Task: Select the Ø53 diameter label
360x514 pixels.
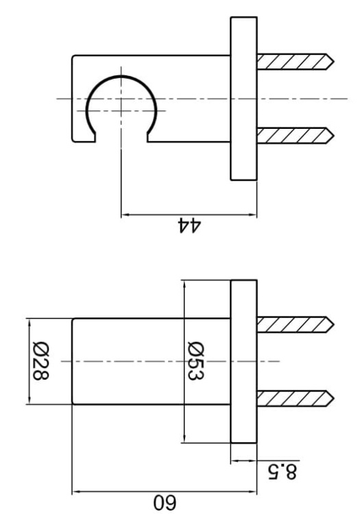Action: [x=197, y=361]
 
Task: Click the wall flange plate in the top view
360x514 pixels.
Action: [x=243, y=98]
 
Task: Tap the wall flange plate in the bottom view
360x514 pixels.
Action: [x=243, y=361]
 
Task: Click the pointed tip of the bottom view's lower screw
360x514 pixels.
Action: [x=332, y=397]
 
